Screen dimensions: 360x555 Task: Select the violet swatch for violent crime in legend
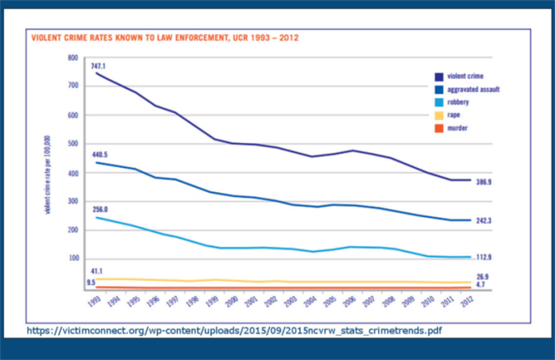coord(437,77)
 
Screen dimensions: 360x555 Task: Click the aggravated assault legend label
coord(473,90)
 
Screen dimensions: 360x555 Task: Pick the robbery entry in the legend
coord(458,103)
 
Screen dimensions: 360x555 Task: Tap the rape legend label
coord(454,115)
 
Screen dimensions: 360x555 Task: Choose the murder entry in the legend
coord(457,128)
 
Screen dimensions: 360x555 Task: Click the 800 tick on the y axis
coord(72,58)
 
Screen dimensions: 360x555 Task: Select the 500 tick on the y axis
coord(72,144)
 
